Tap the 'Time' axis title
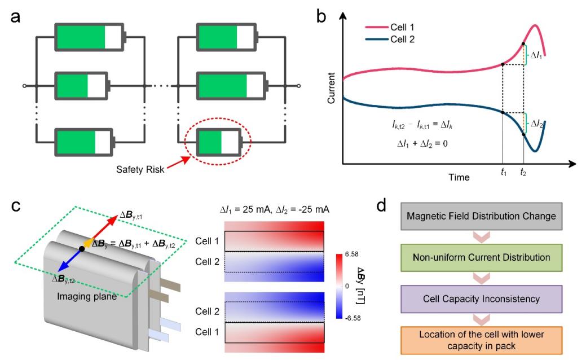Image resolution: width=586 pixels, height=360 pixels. [x=459, y=177]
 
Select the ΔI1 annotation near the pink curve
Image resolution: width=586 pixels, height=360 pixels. [x=534, y=55]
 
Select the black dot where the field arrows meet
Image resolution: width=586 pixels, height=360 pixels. [x=82, y=264]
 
